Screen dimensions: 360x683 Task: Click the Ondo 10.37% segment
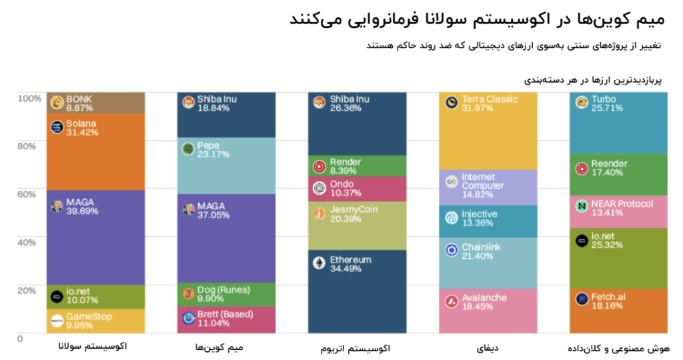[x=357, y=189]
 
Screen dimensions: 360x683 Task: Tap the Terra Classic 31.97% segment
[x=488, y=131]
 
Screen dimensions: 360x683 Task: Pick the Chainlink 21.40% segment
[x=488, y=263]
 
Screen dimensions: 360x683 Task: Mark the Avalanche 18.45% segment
[x=488, y=311]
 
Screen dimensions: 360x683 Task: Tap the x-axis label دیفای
[x=488, y=347]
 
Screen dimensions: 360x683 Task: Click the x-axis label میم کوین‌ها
[x=225, y=347]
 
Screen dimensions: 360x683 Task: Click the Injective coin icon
[x=451, y=218]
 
